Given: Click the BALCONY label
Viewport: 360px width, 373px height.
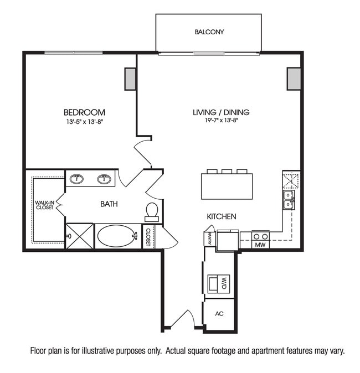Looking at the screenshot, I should (x=209, y=32).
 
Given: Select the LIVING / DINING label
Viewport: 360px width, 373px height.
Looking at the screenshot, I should (x=221, y=112).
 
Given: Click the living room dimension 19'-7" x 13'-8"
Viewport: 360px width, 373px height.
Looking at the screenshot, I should (x=221, y=121).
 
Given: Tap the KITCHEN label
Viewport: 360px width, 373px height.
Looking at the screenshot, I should (x=222, y=216).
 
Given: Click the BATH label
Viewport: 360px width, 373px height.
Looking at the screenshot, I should (x=109, y=204).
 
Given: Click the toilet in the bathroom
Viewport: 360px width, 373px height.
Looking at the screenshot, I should (x=152, y=211).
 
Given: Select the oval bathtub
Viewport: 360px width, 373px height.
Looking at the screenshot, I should (x=117, y=236).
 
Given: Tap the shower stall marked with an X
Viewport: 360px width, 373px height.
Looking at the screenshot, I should (x=80, y=236).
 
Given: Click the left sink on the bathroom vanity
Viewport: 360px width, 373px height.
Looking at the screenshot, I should (x=76, y=178).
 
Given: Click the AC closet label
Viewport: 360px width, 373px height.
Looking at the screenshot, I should (x=219, y=314).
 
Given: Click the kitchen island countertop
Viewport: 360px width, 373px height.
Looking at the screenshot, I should (x=227, y=186).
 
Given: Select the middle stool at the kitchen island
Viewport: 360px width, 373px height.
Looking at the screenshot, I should (x=227, y=172).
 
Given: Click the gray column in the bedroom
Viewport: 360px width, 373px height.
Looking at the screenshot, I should (x=130, y=79).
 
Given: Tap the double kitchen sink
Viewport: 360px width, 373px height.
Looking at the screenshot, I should (x=289, y=200).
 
